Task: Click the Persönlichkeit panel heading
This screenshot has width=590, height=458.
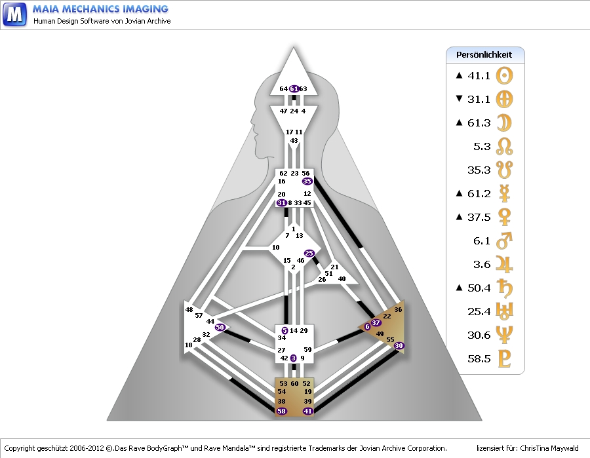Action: click(x=484, y=54)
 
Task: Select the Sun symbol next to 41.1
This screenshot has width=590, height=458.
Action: click(x=505, y=75)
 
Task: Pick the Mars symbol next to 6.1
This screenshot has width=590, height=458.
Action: click(x=505, y=240)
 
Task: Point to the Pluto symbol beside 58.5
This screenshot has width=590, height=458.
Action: click(x=505, y=359)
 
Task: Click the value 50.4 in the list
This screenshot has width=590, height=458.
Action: click(x=479, y=288)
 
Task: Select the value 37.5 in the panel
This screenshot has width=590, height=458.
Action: click(x=479, y=218)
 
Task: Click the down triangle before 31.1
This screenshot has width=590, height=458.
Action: click(x=459, y=100)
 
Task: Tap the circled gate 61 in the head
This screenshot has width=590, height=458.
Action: click(x=294, y=88)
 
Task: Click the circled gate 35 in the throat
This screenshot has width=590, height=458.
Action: click(x=307, y=181)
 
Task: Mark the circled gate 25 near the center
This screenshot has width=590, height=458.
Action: click(x=309, y=253)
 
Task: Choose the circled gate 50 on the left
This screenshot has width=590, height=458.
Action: click(x=220, y=327)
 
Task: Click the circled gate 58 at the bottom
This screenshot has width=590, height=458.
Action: click(x=282, y=411)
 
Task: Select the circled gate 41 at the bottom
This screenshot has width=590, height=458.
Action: click(x=307, y=411)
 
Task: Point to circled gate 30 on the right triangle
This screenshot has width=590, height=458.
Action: click(x=399, y=345)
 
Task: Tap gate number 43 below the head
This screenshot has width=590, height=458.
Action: click(x=294, y=141)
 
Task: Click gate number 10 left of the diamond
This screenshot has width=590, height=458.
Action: click(x=275, y=247)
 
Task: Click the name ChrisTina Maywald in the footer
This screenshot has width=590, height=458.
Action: click(x=550, y=449)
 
